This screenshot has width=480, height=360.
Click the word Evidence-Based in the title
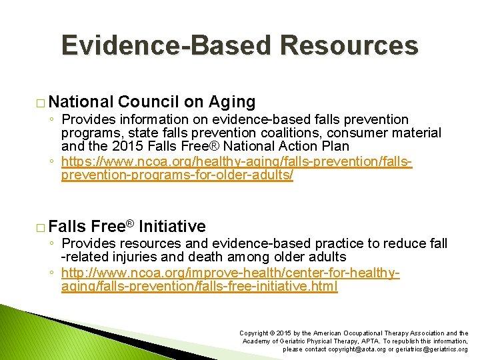(167, 46)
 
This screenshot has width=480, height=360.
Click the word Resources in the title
(349, 46)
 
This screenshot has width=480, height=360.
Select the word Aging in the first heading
(233, 102)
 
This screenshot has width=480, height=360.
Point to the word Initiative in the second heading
(172, 227)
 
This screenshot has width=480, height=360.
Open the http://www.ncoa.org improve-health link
(230, 279)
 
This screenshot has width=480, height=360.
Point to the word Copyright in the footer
(254, 333)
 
